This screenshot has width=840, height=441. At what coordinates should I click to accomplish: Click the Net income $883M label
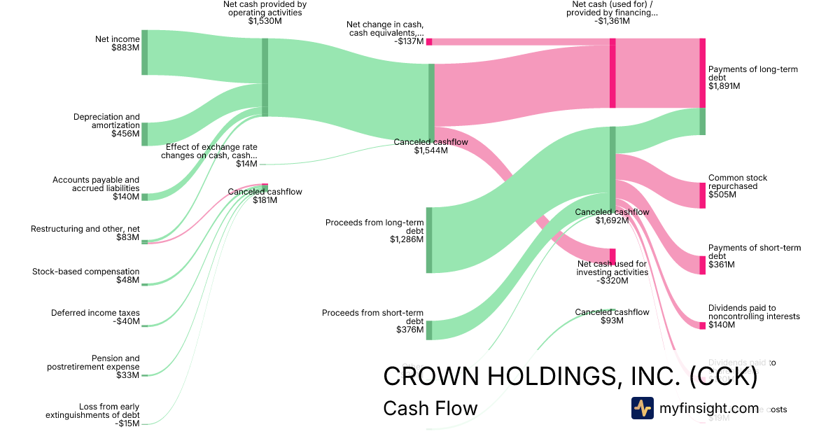tap(118, 43)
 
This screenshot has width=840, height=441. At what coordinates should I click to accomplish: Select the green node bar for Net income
tap(145, 52)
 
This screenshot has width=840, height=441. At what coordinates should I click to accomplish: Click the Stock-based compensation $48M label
tap(86, 276)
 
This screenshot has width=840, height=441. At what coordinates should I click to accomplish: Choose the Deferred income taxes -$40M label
tap(95, 317)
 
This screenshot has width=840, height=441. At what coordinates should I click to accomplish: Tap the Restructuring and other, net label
tap(85, 233)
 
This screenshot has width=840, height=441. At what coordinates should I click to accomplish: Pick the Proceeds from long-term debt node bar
tap(429, 240)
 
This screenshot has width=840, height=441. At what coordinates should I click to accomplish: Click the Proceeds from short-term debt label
tap(372, 321)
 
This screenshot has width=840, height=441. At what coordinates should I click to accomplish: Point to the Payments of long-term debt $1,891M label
tap(752, 78)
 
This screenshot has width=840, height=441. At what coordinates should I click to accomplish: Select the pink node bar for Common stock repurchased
tap(702, 195)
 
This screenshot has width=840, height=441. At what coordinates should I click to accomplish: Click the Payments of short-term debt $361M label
tap(754, 256)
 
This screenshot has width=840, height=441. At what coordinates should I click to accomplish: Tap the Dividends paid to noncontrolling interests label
tap(753, 316)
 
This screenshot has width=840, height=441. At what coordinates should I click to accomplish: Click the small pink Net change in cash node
tap(429, 42)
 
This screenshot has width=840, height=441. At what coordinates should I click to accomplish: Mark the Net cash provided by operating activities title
tap(265, 13)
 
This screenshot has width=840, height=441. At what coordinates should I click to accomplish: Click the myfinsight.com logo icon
tap(642, 408)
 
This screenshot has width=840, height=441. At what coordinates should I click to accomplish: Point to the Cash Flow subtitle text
tap(430, 408)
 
